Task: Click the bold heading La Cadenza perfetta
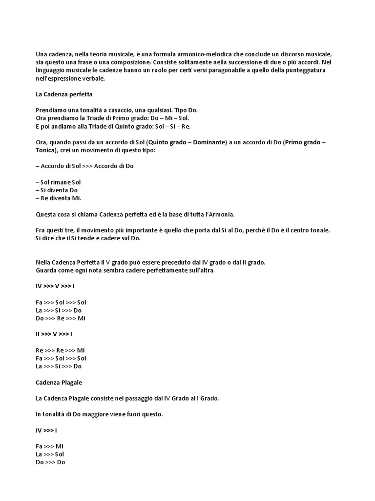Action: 64,93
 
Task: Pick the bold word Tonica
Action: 45,150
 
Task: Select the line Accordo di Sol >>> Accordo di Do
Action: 84,166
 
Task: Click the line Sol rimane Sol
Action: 58,182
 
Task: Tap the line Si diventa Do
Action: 57,190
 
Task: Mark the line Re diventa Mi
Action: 59,198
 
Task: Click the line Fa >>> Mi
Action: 50,446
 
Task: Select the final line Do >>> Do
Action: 50,462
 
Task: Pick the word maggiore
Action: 101,414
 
